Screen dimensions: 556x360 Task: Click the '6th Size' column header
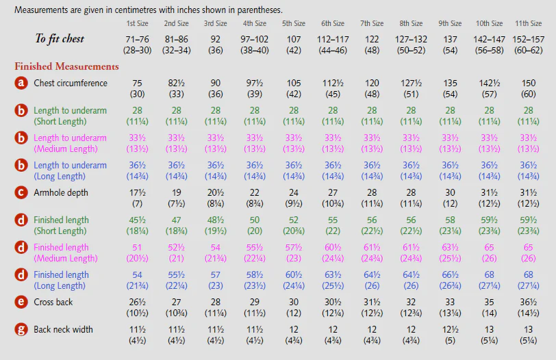(333, 23)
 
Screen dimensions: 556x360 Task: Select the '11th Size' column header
(529, 23)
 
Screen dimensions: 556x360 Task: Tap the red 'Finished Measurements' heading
(66, 66)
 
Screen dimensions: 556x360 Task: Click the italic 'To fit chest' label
(60, 38)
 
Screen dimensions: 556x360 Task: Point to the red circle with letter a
(21, 83)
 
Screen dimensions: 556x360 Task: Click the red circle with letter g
(21, 329)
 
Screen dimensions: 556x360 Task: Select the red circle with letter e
(21, 302)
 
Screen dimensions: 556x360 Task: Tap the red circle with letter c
(21, 192)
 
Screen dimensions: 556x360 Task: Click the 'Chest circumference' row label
(71, 83)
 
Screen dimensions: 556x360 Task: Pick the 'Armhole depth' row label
(61, 193)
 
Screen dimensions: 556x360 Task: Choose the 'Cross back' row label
(53, 302)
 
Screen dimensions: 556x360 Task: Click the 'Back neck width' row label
(63, 329)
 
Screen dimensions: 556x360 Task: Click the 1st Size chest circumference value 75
(137, 83)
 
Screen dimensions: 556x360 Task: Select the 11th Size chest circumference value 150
(529, 83)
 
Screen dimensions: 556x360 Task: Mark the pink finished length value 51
(137, 247)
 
